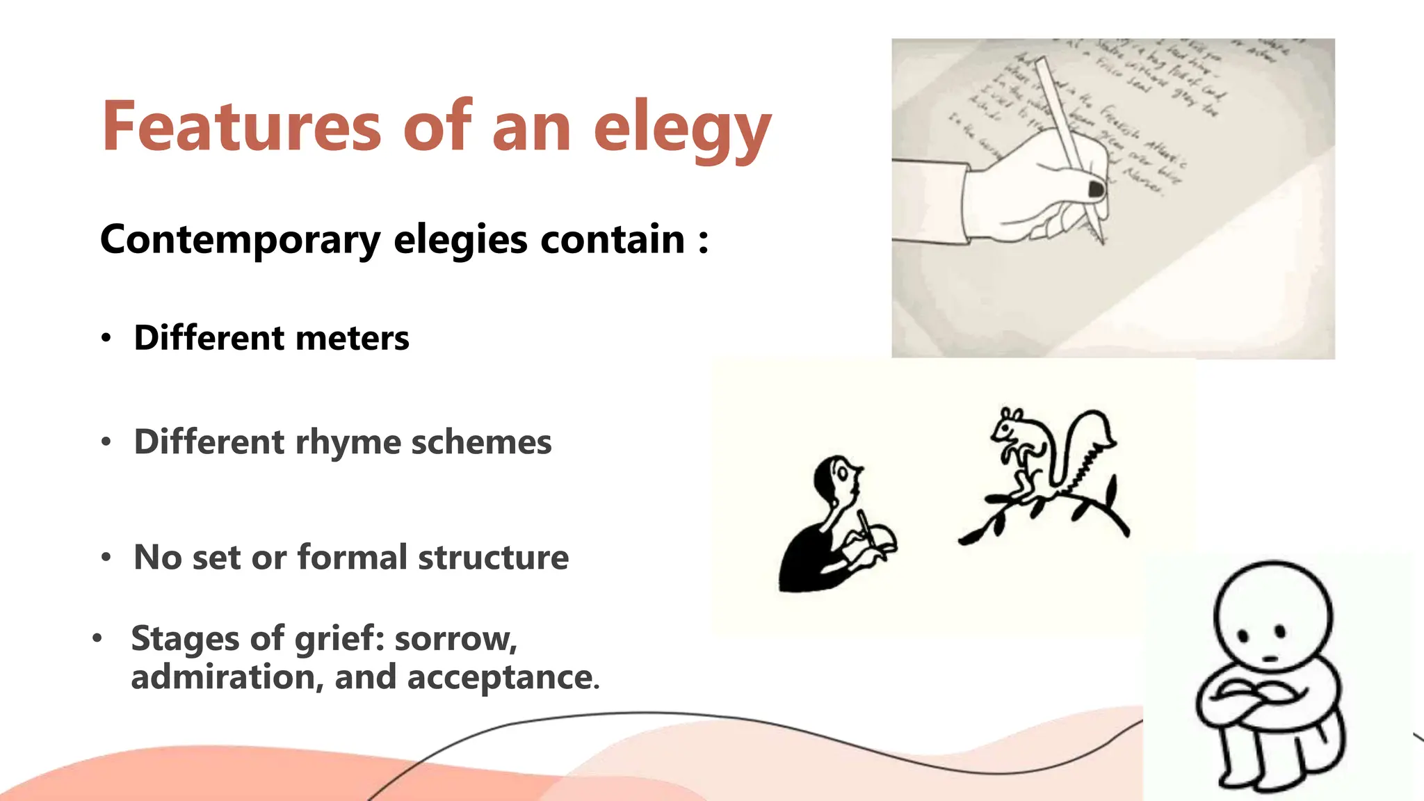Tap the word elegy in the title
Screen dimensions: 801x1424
(682, 129)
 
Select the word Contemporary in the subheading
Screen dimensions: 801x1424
(240, 240)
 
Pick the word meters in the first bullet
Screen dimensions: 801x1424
(352, 338)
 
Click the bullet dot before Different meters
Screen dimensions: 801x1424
(106, 339)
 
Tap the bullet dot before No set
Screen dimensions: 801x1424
(106, 558)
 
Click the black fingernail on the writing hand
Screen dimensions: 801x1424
(1096, 188)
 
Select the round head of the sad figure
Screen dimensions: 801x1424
(1272, 619)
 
